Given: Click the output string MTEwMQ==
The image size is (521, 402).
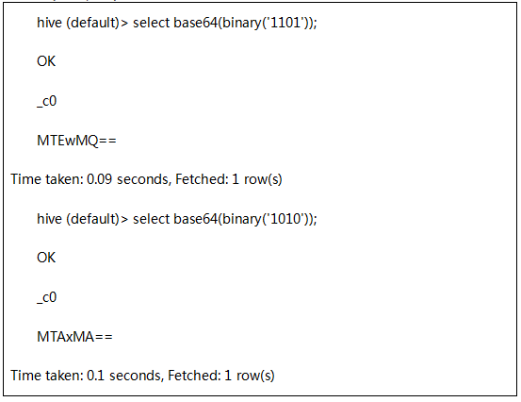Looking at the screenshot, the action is [76, 141].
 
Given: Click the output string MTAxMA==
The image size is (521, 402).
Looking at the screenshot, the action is [74, 337].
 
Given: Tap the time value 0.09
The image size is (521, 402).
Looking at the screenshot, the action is [99, 179].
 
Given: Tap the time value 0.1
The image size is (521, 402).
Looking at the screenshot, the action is [95, 376].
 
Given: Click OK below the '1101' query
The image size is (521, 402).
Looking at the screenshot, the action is [46, 61].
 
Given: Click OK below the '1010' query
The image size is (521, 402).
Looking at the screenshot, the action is [46, 258].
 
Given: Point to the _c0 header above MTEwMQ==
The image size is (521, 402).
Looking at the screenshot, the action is [46, 102].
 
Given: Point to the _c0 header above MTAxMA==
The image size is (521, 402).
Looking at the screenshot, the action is [46, 298].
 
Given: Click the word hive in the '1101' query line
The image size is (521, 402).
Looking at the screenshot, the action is [49, 23].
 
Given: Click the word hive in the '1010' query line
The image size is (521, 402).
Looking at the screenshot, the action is [49, 219].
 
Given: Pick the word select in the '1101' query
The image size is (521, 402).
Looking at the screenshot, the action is [151, 23].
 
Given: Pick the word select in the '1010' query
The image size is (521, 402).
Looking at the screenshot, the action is [151, 219].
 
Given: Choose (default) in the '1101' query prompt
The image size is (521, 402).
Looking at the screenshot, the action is [92, 24].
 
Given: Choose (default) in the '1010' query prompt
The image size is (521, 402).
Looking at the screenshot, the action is [92, 220].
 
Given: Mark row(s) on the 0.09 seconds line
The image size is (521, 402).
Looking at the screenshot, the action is [263, 180].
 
